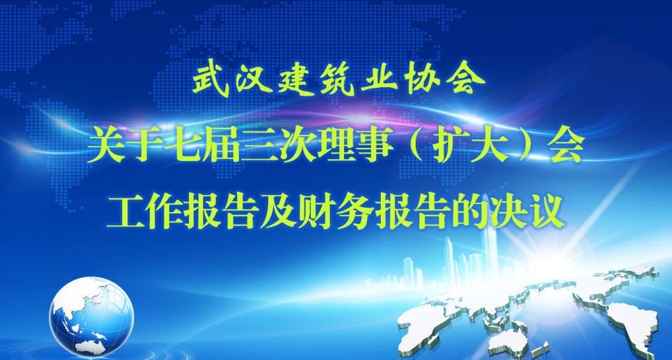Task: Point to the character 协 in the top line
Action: pos(422,80)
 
